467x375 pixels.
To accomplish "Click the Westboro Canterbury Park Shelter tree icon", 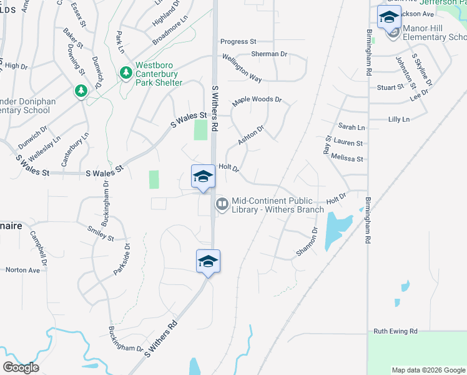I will (x=126, y=73).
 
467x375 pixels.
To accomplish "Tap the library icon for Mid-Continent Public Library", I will (x=222, y=204).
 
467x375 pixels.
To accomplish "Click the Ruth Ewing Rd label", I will (x=395, y=331).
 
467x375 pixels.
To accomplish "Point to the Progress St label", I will (x=237, y=41).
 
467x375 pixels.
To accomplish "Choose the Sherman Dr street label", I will (x=269, y=54).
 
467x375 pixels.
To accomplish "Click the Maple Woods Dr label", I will (x=257, y=100).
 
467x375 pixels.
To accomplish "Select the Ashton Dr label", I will (x=251, y=135).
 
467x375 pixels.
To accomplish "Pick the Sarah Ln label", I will (x=351, y=127).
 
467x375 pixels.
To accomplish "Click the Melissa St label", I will (x=347, y=158).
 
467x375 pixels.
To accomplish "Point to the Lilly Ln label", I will (x=399, y=119).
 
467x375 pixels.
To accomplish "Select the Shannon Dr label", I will (x=307, y=241).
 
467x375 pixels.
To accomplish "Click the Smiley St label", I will (x=101, y=233).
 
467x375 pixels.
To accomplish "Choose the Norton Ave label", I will (x=22, y=270).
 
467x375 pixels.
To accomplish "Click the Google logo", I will (x=21, y=367).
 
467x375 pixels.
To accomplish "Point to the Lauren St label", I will (x=348, y=142).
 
